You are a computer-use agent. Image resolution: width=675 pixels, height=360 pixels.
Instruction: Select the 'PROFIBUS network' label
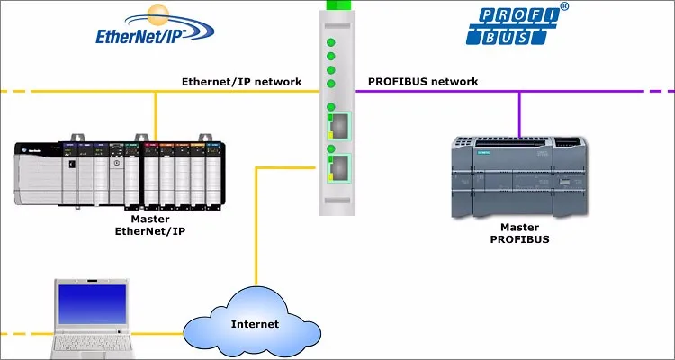click(422, 81)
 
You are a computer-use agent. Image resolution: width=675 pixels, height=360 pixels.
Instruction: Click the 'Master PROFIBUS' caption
click(519, 233)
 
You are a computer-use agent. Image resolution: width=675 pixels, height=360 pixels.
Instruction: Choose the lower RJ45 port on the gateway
click(343, 164)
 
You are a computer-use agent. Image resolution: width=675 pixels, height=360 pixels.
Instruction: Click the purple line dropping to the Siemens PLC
click(519, 112)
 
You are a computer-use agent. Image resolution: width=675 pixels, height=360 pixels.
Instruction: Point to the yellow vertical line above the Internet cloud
click(256, 234)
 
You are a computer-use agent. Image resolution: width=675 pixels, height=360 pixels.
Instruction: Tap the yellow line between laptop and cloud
click(162, 333)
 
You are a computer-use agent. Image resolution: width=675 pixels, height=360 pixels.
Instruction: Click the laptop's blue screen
click(92, 302)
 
